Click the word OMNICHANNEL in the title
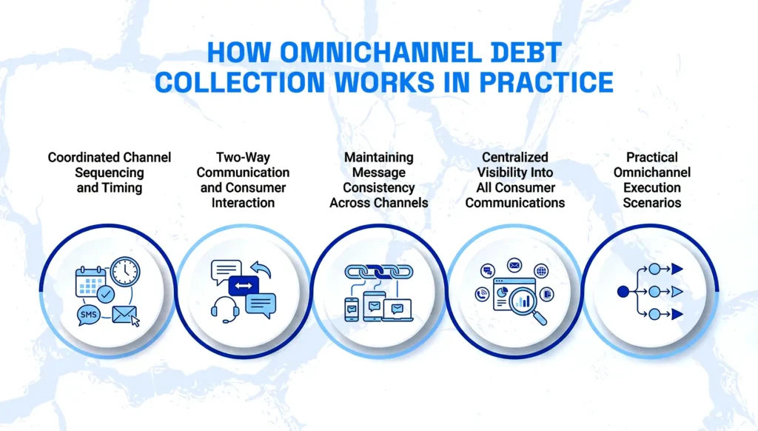point(381,53)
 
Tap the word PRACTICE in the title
point(546,82)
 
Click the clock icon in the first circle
point(125,271)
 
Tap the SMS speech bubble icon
point(89,315)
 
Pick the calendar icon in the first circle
point(91,281)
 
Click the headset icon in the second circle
point(225,310)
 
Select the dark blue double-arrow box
point(243,286)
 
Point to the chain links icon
point(379,272)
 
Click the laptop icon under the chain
point(398,310)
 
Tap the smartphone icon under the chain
point(352,310)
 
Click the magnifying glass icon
point(528,306)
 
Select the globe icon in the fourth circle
point(541,271)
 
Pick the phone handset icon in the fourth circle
point(482,293)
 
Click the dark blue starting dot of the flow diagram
point(623,292)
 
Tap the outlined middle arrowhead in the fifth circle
point(677,292)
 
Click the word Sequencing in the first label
point(110,173)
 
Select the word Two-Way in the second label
point(243,158)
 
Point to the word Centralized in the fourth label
point(515,157)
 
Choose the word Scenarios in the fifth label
point(651,203)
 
